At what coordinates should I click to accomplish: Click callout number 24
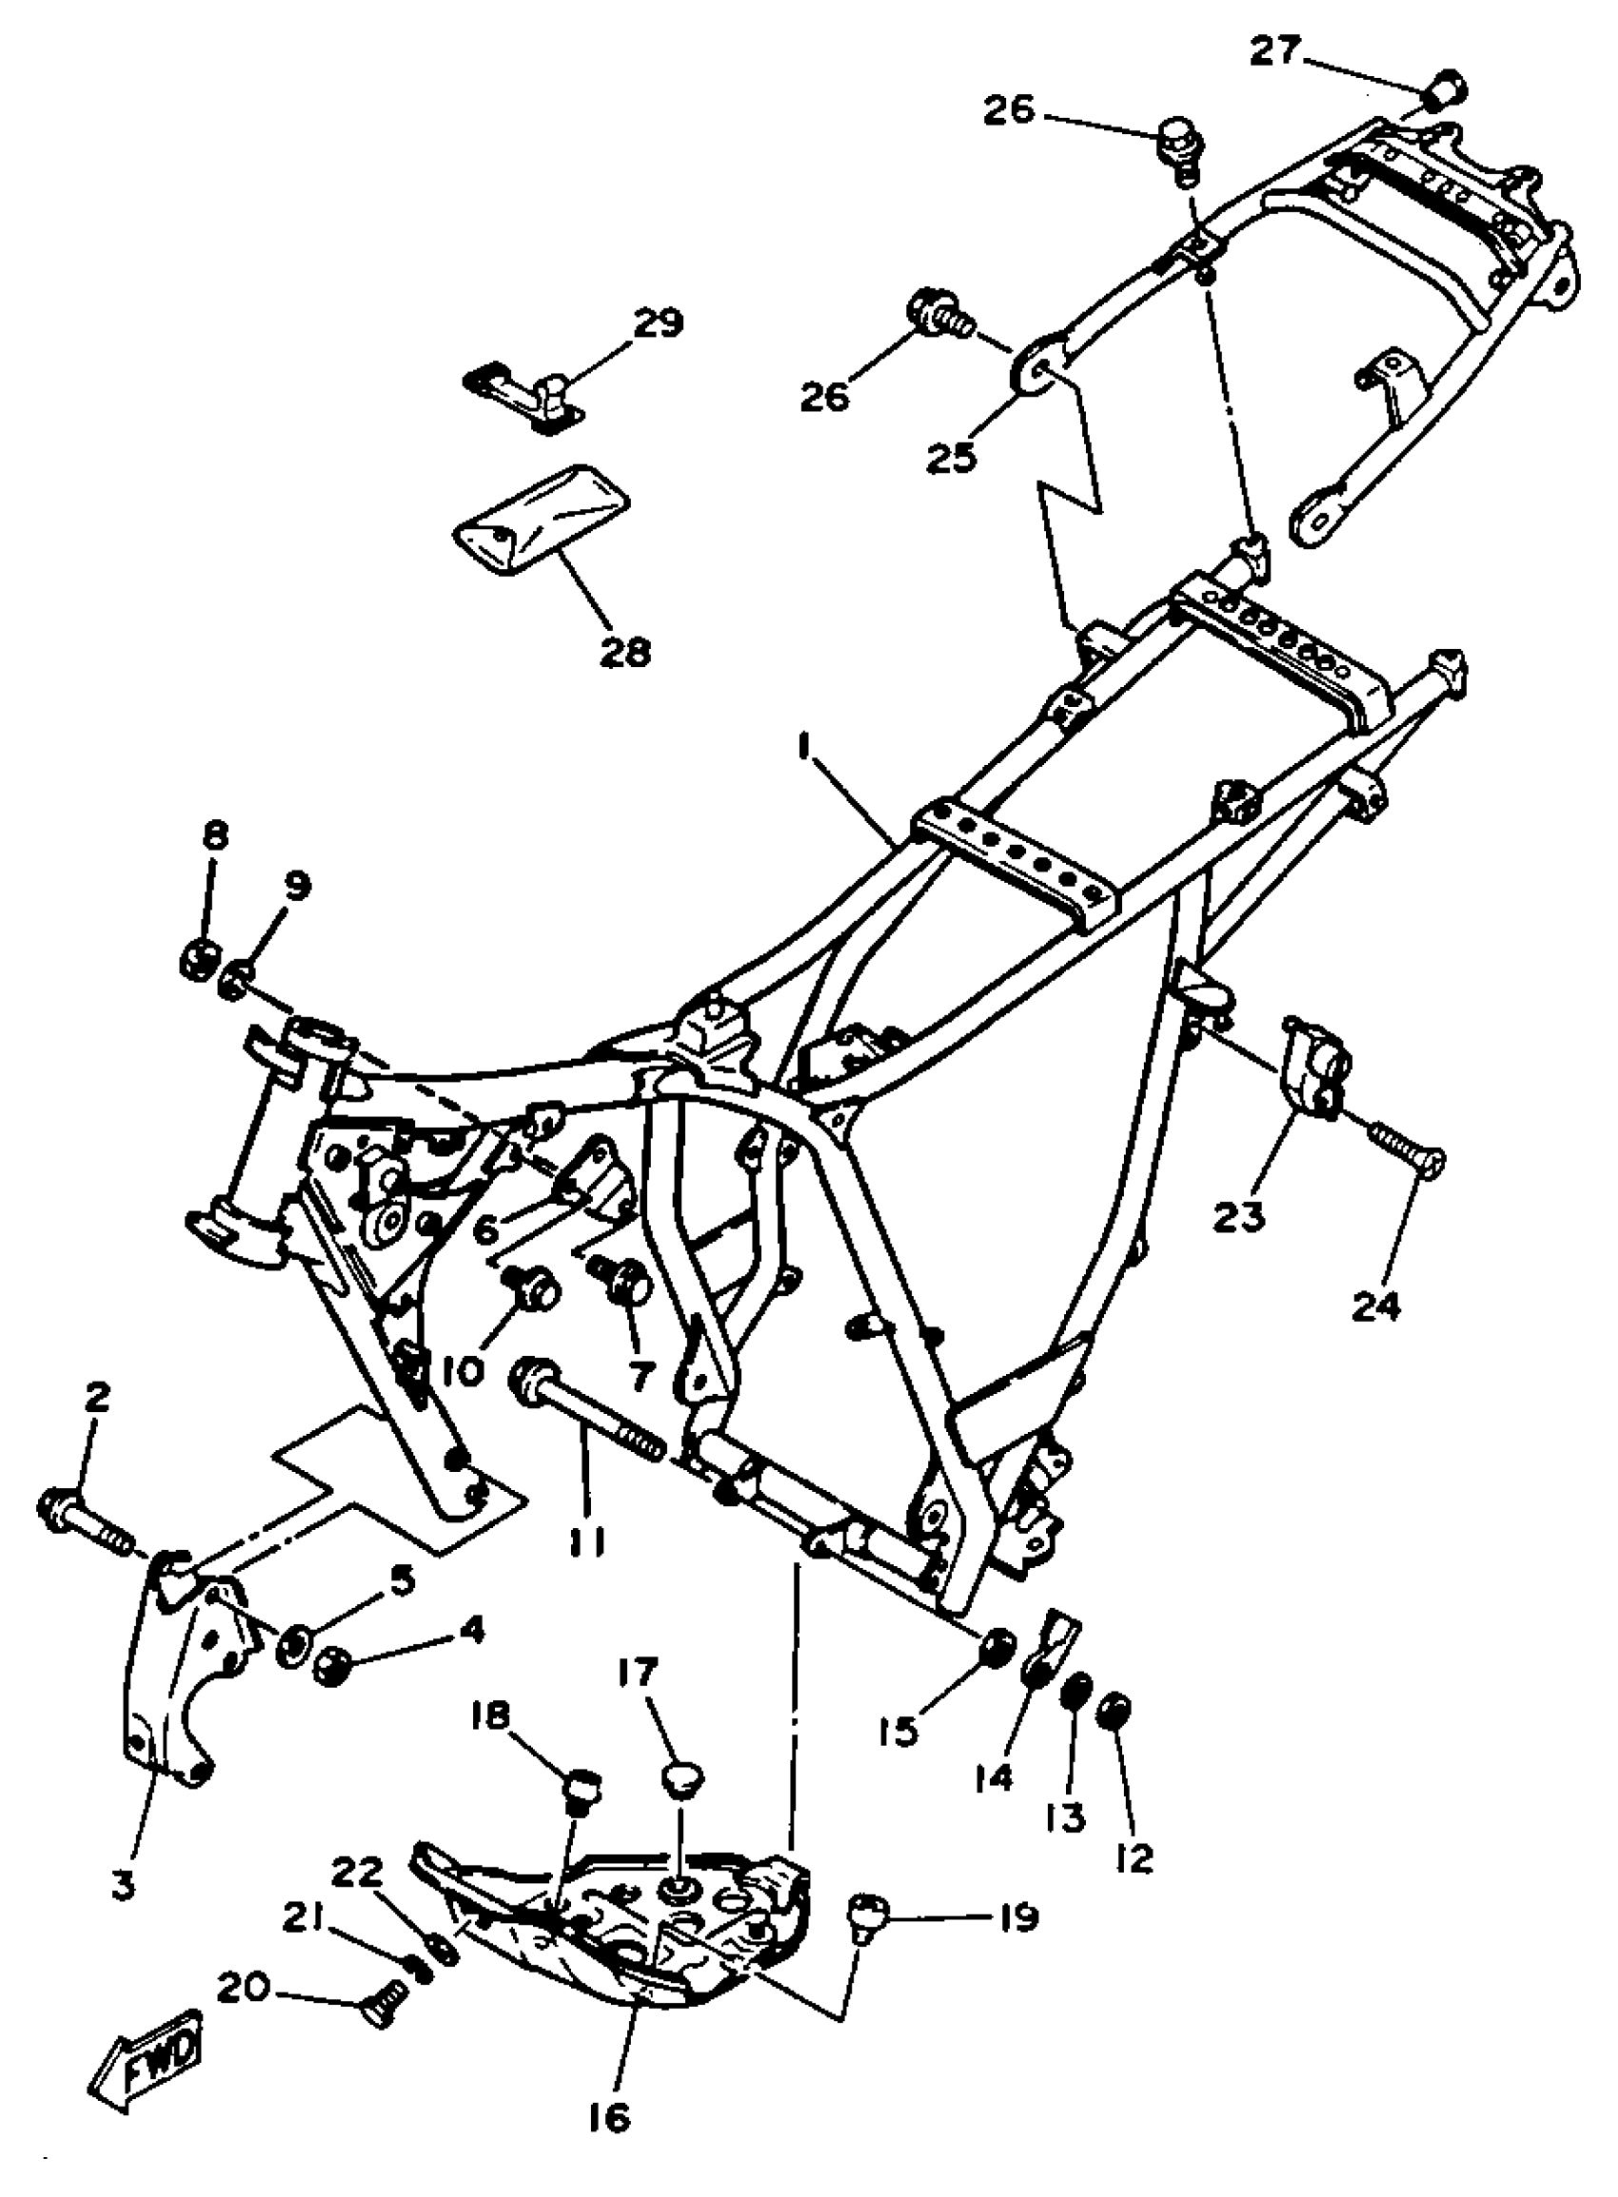[x=1377, y=1304]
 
